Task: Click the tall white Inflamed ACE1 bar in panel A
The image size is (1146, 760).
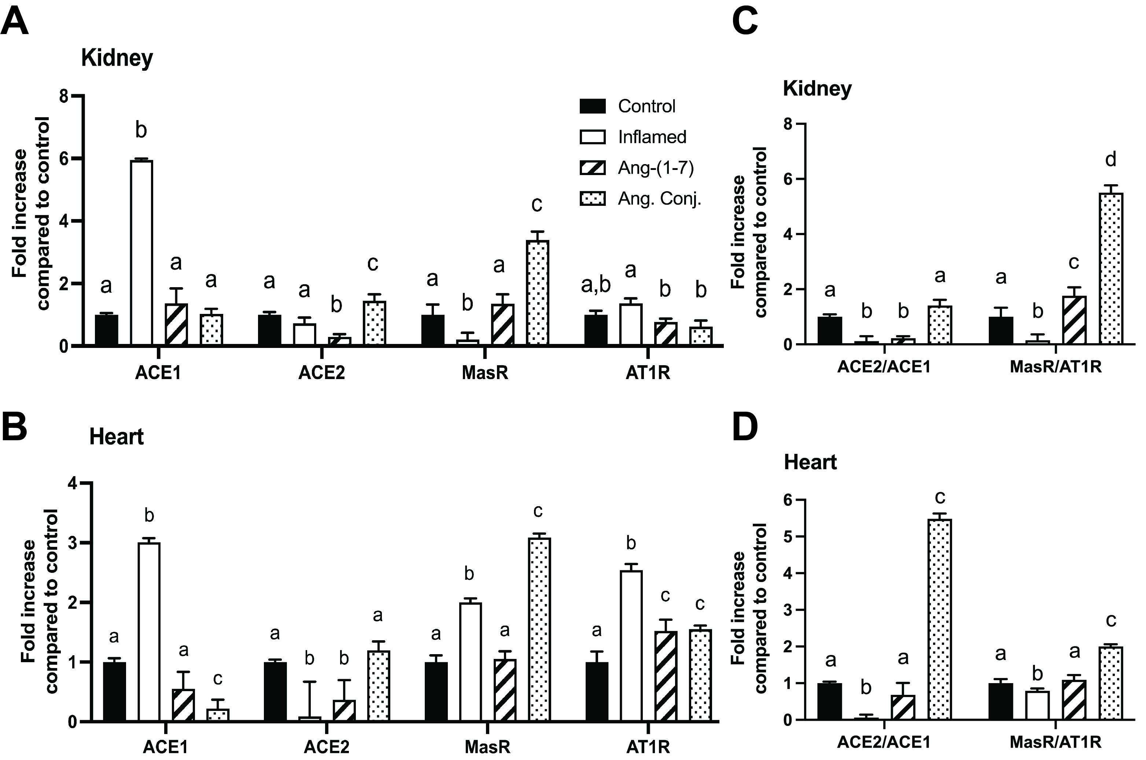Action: click(141, 252)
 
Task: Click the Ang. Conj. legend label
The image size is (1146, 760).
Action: click(660, 199)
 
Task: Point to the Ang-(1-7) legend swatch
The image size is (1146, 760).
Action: click(592, 168)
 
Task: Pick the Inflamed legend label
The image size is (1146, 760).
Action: click(652, 137)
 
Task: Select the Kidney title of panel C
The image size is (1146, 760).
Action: click(817, 89)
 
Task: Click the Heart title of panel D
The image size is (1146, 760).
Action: click(810, 462)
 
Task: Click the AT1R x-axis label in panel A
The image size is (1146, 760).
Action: click(648, 373)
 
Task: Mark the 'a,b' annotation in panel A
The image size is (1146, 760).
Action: click(596, 286)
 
